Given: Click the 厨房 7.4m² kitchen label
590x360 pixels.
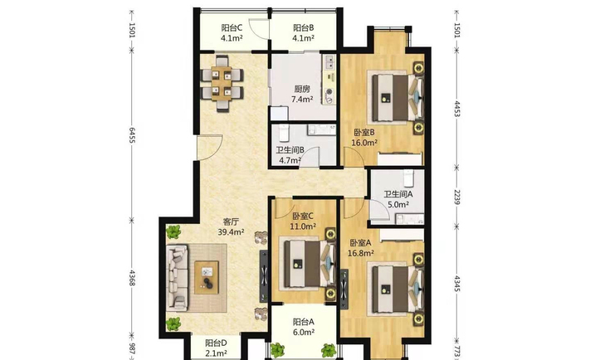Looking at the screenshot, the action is [302, 94].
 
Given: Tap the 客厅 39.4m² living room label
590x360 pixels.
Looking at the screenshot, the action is [231, 226].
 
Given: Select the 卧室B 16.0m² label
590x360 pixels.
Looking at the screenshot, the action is [364, 138].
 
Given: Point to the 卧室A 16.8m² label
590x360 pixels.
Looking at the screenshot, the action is [360, 248].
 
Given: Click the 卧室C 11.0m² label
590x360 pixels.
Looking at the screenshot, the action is [303, 221].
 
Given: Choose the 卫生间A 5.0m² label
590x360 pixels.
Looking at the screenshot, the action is [398, 199].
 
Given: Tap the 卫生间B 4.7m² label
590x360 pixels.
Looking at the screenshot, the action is [290, 155].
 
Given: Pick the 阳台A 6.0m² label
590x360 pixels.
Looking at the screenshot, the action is [303, 327].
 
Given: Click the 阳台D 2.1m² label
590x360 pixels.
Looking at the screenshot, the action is [216, 348].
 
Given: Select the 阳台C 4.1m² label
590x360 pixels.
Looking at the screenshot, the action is [232, 32].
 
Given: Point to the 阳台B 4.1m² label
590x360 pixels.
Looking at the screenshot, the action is [303, 32].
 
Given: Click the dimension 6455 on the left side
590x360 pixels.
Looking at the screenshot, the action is [132, 135].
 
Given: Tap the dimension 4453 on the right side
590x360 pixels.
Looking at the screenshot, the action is [457, 109].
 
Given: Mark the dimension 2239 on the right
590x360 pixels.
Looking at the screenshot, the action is [457, 197].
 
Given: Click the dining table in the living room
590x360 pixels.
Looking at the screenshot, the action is [222, 84].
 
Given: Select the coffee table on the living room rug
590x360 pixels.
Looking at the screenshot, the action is [207, 277].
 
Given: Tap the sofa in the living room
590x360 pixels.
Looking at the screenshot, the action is [177, 278].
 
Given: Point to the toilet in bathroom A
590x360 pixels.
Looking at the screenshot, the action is [408, 178].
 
